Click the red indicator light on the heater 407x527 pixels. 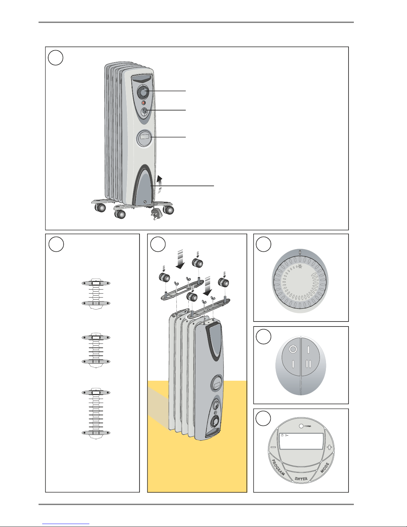pos(144,103)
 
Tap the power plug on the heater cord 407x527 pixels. pos(154,213)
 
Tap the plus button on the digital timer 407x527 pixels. pos(329,448)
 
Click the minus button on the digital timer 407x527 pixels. pos(273,447)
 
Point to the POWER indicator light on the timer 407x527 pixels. pos(301,426)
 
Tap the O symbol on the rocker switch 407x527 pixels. pos(293,349)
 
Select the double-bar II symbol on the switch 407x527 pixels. pos(308,364)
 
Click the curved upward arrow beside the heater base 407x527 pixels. pos(159,184)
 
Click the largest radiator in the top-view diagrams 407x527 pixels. pos(96,414)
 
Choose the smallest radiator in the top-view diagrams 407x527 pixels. pos(96,294)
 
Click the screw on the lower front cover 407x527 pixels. pos(145,202)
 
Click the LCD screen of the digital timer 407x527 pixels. pos(301,441)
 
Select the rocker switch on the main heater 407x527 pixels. pos(145,112)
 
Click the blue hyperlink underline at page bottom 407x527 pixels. pos(66,524)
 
